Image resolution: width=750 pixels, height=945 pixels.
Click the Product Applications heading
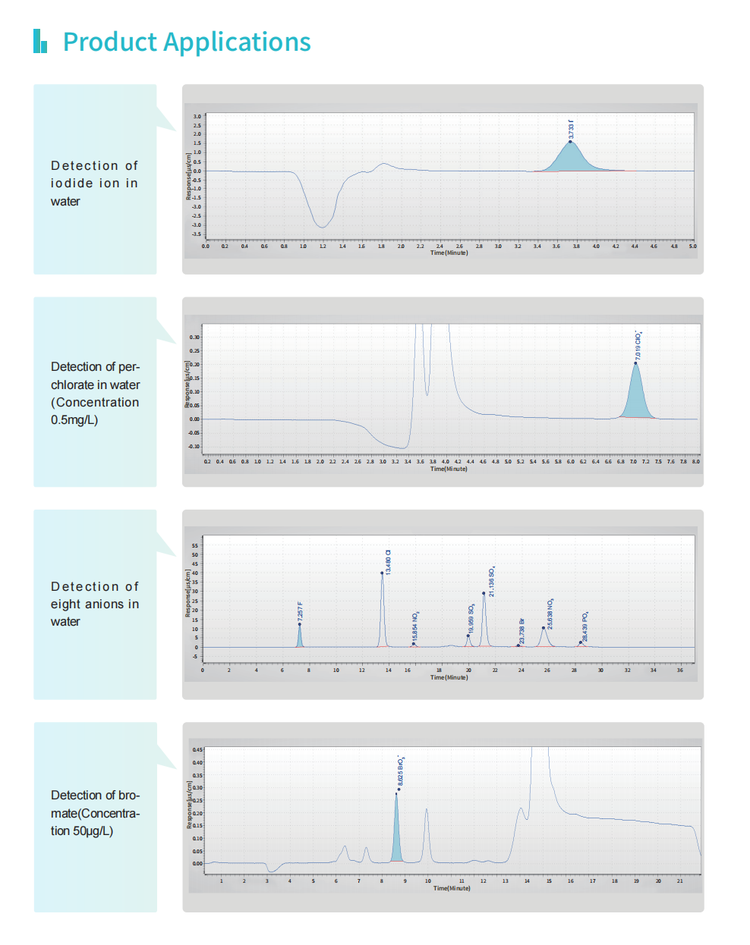pyautogui.click(x=187, y=42)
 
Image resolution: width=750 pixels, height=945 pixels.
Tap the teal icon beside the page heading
pyautogui.click(x=40, y=41)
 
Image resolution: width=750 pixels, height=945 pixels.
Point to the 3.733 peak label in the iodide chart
pyautogui.click(x=571, y=129)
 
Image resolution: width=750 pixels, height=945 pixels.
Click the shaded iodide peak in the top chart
pyautogui.click(x=571, y=159)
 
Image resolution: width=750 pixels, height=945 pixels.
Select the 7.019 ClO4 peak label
pyautogui.click(x=638, y=345)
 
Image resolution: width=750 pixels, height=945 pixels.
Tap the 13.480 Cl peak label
pyautogui.click(x=388, y=561)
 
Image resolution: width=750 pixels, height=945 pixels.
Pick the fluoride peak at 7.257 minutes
pyautogui.click(x=300, y=637)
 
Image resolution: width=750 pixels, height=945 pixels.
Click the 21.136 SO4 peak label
pyautogui.click(x=492, y=581)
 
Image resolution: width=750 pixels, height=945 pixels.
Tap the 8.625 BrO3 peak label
pyautogui.click(x=401, y=771)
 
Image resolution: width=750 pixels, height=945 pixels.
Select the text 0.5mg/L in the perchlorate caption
pyautogui.click(x=74, y=420)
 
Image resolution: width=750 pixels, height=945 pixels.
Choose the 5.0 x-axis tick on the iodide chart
pyautogui.click(x=692, y=246)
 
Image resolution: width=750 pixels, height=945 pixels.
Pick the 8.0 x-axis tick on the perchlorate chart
pyautogui.click(x=696, y=461)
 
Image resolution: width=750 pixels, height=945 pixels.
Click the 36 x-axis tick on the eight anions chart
pyautogui.click(x=680, y=670)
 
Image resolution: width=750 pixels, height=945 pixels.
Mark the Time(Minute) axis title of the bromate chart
pyautogui.click(x=452, y=888)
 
